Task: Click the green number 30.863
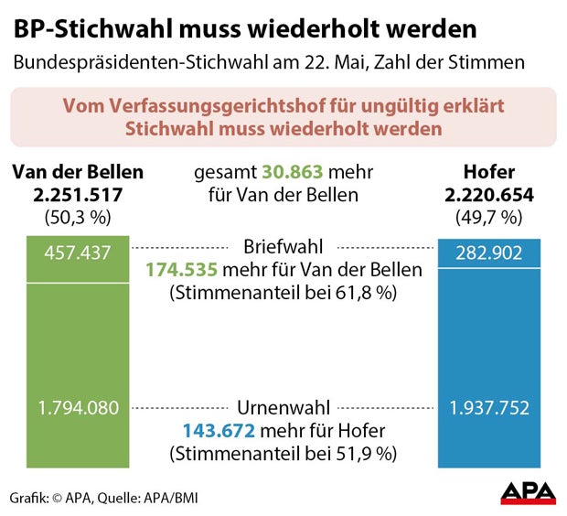pyautogui.click(x=291, y=172)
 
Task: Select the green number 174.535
pyautogui.click(x=183, y=270)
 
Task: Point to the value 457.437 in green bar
pyautogui.click(x=78, y=253)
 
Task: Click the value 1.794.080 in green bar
pyautogui.click(x=78, y=408)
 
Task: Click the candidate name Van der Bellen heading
pyautogui.click(x=78, y=172)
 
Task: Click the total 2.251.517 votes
pyautogui.click(x=78, y=195)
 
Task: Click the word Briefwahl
pyautogui.click(x=283, y=248)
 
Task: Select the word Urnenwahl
pyautogui.click(x=283, y=408)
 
